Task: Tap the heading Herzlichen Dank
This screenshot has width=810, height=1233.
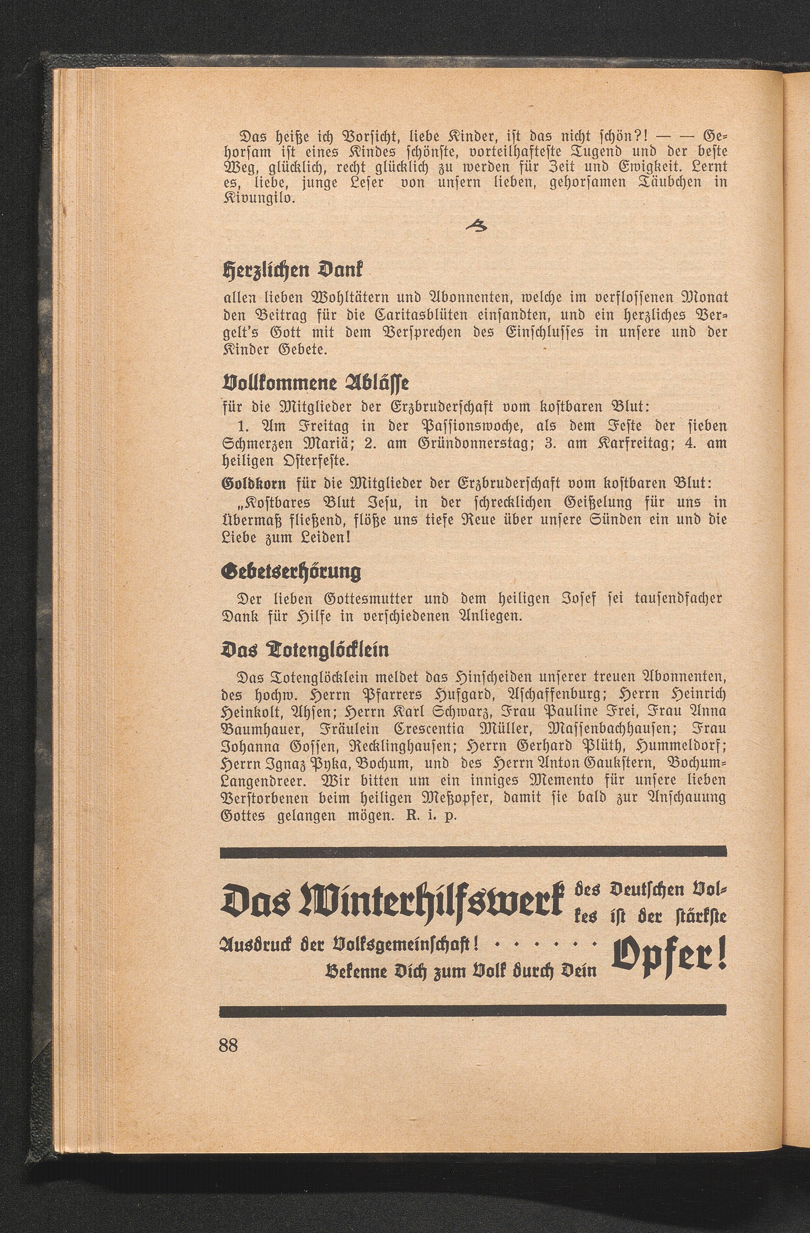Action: (x=293, y=270)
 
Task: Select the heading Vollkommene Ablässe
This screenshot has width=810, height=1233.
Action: (x=315, y=384)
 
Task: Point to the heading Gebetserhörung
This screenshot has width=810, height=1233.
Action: (x=291, y=572)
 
